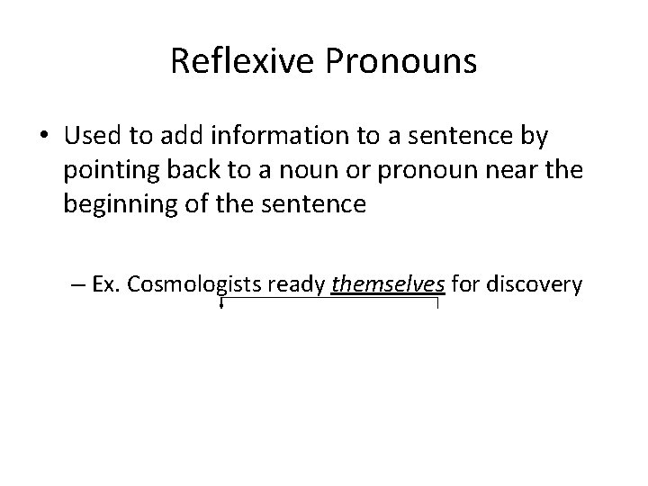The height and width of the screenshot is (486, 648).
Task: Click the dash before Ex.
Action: (x=76, y=285)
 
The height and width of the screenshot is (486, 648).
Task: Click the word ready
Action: (x=298, y=285)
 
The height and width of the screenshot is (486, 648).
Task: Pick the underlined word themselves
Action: (x=389, y=285)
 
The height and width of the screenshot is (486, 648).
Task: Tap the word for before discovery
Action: (x=465, y=285)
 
